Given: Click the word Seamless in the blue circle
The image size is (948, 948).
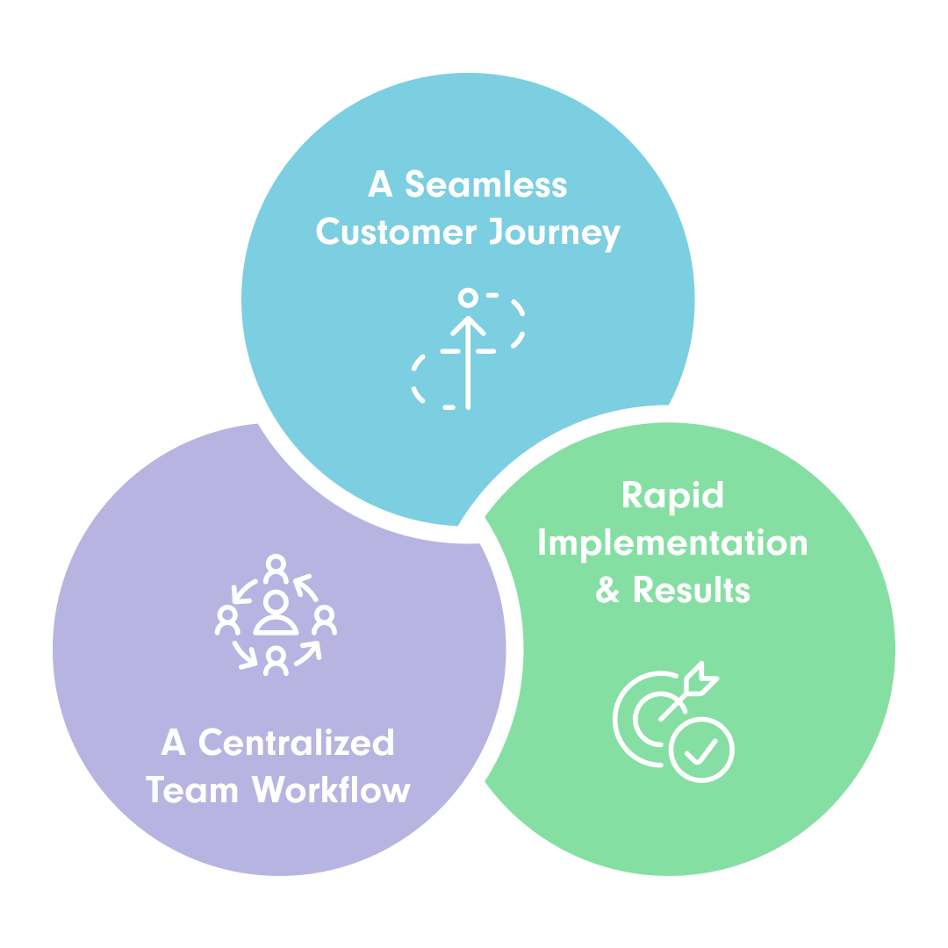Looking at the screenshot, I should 485,186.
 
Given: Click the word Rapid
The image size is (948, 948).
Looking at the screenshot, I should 672,497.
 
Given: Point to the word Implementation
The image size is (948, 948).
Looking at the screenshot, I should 672,544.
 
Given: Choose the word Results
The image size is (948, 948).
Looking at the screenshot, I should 692,590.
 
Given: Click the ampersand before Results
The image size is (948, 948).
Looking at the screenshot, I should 607,590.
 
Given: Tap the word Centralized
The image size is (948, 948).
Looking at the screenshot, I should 296,743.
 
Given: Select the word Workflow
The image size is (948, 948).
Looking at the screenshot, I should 332,790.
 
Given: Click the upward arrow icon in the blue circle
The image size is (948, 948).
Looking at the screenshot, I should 468,360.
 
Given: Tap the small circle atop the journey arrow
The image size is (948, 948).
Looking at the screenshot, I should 468,298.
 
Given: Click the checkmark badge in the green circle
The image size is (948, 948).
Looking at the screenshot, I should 701,750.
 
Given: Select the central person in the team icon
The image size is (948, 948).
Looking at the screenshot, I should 276,613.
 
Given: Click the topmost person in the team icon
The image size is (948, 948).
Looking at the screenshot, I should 276,570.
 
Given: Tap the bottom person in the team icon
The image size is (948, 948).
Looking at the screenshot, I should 276,661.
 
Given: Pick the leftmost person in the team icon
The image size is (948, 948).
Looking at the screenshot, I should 228,621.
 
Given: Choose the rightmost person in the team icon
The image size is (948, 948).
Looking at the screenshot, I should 324,621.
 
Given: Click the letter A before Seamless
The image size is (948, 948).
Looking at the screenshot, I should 379,186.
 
